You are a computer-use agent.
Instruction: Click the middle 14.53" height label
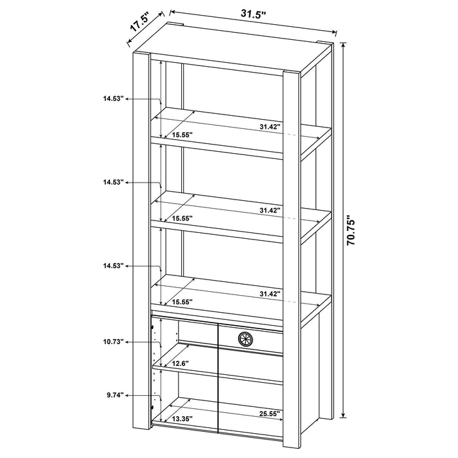[x=113, y=183]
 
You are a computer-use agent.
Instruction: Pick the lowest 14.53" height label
[x=113, y=266]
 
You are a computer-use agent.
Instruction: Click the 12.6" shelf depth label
[x=180, y=364]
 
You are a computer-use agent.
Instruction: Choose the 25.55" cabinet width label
[x=269, y=413]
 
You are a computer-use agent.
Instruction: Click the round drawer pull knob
[x=245, y=338]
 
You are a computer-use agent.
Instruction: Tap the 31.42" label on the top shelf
[x=269, y=126]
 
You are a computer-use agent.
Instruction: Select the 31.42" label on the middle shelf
[x=269, y=210]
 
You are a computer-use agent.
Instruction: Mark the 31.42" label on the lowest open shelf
[x=269, y=294]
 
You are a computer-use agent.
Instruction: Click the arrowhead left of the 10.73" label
[x=128, y=342]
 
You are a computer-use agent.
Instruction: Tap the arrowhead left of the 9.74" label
[x=128, y=395]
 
